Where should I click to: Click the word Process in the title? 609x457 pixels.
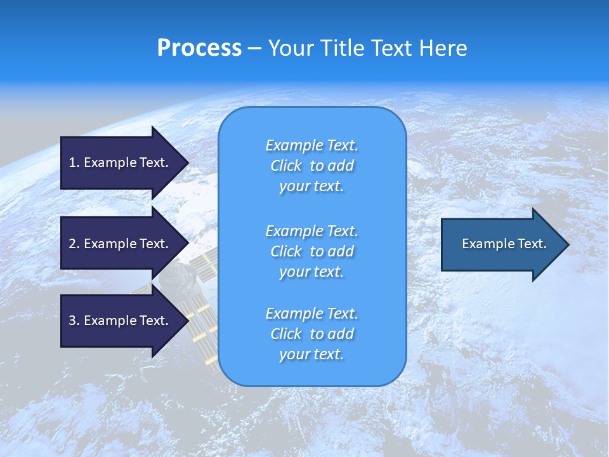(x=199, y=48)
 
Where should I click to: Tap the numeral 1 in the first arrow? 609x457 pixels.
(x=72, y=162)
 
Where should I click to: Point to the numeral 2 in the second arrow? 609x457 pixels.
(x=72, y=244)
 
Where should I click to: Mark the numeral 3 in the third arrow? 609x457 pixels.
(x=72, y=321)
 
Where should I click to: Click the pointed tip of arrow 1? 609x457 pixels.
(x=187, y=162)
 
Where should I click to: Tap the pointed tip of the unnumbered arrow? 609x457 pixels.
(x=567, y=244)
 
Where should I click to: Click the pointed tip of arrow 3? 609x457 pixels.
(x=187, y=321)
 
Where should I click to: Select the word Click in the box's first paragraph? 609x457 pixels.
(x=286, y=166)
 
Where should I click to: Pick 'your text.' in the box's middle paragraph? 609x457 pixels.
(x=311, y=272)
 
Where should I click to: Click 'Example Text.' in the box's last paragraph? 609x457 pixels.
(x=311, y=314)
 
